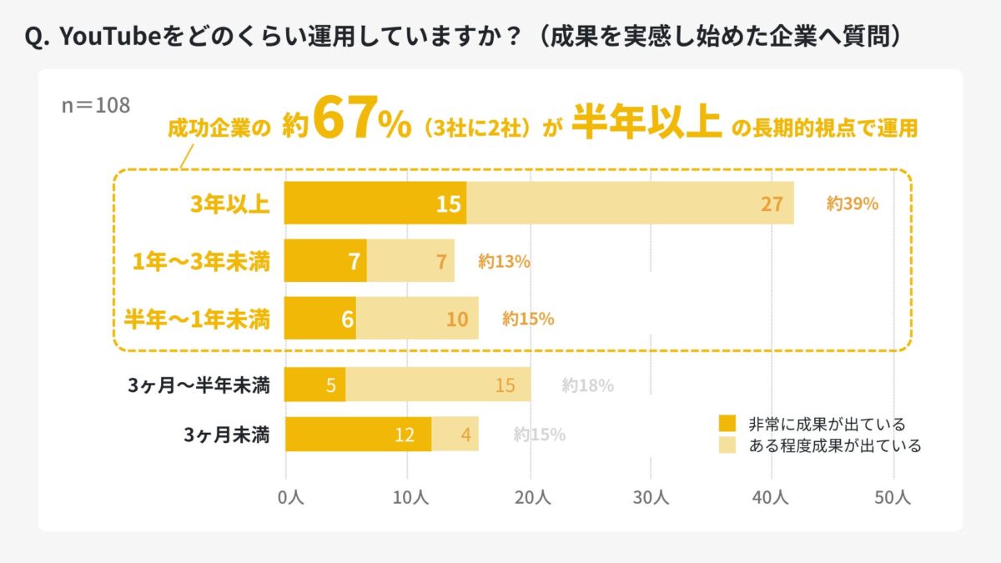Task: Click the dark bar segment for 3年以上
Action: (x=375, y=203)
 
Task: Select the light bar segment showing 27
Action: (x=630, y=203)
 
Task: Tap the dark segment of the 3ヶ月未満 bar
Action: (x=358, y=434)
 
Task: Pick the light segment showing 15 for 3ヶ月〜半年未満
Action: (x=438, y=385)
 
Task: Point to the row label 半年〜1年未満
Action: (x=197, y=319)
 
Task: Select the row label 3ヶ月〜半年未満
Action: (x=199, y=385)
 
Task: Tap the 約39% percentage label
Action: (x=853, y=203)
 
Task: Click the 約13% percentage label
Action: (x=504, y=261)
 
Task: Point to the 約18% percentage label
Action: (x=587, y=385)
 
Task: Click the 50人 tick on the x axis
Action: (x=893, y=497)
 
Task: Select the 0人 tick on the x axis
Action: (x=288, y=497)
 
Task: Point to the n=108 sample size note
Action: (x=96, y=106)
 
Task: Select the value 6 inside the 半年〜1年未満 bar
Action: (x=348, y=319)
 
